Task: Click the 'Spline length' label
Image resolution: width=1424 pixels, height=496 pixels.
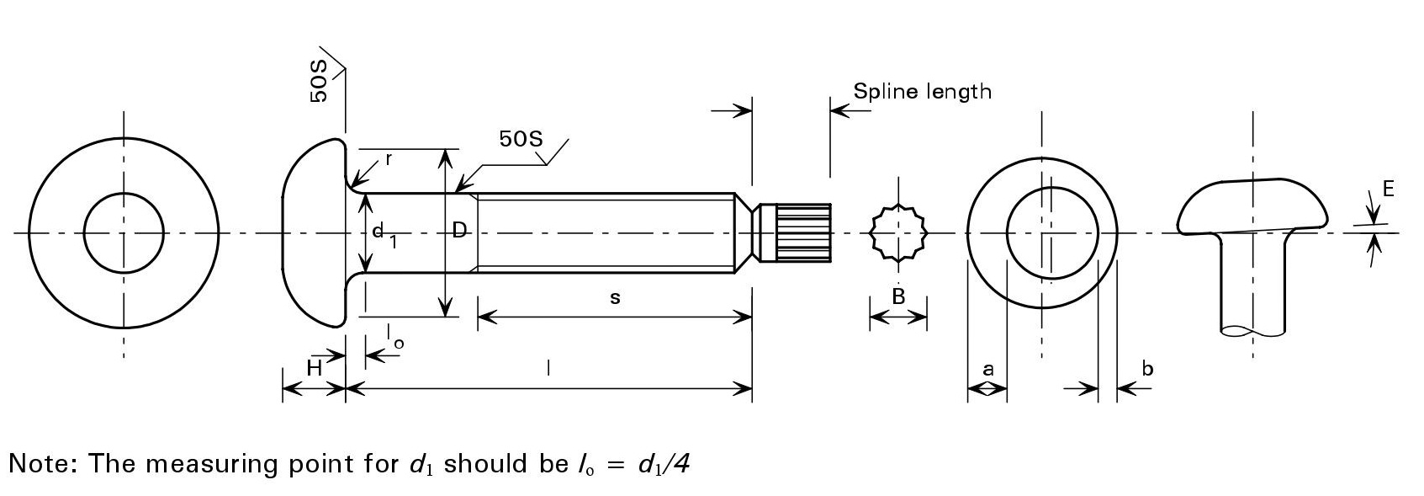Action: (x=922, y=91)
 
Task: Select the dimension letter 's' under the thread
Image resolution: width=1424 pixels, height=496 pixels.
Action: (x=615, y=297)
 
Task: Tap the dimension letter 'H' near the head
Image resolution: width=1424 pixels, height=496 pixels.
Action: (x=314, y=367)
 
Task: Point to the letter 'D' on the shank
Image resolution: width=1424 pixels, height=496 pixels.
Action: (x=459, y=230)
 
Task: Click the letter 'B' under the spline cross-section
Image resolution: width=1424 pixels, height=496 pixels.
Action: (x=898, y=296)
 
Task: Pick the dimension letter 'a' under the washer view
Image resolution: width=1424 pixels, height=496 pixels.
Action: (x=988, y=368)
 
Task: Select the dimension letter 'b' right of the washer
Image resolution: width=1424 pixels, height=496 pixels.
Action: (x=1147, y=368)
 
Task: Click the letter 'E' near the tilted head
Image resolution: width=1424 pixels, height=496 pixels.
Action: (x=1388, y=189)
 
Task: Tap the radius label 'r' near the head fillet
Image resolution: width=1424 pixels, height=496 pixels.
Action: (x=388, y=158)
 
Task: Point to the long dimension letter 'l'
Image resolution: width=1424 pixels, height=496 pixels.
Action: (x=548, y=368)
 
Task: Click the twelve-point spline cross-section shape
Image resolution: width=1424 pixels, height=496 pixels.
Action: (x=897, y=232)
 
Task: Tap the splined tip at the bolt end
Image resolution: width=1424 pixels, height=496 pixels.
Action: (x=802, y=232)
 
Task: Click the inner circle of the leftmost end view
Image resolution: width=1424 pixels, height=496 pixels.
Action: (x=124, y=232)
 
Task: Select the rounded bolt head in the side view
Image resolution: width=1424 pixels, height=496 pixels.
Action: (x=314, y=232)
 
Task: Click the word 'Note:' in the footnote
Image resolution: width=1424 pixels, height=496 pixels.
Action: (x=43, y=464)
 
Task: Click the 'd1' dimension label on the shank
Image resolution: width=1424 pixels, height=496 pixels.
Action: (x=383, y=233)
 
